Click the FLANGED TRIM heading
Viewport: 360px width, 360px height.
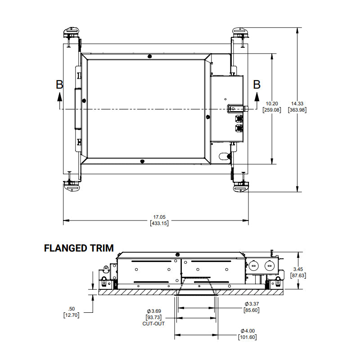pos(79,248)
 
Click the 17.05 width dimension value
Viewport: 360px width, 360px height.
pos(159,217)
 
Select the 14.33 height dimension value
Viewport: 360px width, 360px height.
pos(297,104)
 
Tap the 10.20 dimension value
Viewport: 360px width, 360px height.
pos(272,104)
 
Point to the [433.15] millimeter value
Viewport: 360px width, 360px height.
pos(159,223)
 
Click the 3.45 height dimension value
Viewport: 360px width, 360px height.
pos(298,269)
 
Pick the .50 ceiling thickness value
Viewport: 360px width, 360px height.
pos(72,309)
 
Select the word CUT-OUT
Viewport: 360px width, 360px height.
pos(153,324)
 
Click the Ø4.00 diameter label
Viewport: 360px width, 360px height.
pos(247,331)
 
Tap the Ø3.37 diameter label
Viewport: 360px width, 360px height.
pos(252,304)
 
